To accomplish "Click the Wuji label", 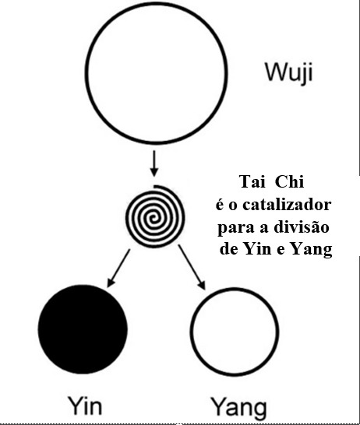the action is (289, 72).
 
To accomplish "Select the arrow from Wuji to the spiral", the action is (154, 163).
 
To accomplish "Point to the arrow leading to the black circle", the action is (118, 268).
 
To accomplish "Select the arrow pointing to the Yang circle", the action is (192, 267).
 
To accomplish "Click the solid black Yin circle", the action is (83, 329).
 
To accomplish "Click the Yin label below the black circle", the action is (85, 406).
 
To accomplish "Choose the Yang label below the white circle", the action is (238, 408).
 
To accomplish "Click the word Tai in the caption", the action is (252, 181).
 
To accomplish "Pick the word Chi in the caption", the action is (289, 181).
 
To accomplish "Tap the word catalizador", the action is (287, 205).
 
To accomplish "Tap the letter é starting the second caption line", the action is (221, 204).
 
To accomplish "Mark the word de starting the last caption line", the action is (229, 248).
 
